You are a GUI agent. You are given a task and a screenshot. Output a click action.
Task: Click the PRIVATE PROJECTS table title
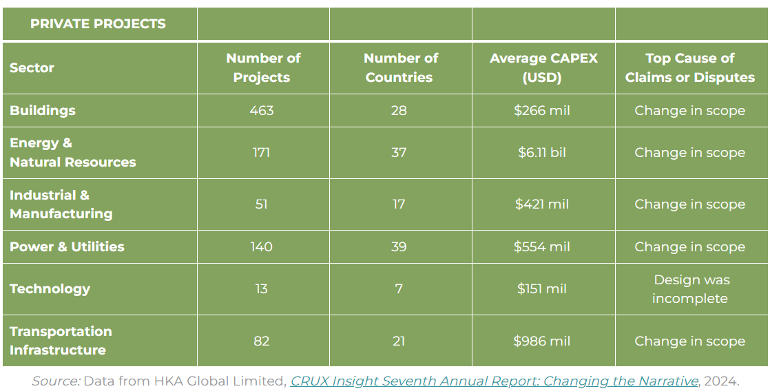(98, 24)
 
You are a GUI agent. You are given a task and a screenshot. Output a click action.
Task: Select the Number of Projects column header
(262, 67)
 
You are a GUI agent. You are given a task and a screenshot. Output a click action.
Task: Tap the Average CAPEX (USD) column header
(543, 67)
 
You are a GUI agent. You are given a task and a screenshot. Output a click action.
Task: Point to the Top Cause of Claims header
(689, 67)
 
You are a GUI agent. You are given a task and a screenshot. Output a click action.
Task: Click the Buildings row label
(43, 111)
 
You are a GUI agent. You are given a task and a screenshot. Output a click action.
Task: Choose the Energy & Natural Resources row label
(72, 153)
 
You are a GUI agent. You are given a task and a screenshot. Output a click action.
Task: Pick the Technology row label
(50, 289)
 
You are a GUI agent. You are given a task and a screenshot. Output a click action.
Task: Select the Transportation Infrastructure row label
(61, 341)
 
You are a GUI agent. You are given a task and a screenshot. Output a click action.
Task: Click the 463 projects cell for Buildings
(262, 111)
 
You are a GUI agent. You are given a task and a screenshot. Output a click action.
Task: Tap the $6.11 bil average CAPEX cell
(542, 153)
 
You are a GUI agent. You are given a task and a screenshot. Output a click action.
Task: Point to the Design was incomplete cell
(691, 289)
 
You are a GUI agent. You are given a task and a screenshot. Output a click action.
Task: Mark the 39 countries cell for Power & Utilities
(399, 247)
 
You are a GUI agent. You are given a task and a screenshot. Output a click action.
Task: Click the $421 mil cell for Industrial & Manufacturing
(542, 204)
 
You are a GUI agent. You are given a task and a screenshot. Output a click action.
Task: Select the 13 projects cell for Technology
(262, 289)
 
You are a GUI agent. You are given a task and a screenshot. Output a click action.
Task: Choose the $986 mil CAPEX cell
(542, 341)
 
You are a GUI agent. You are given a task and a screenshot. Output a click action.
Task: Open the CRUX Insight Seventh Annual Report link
(495, 381)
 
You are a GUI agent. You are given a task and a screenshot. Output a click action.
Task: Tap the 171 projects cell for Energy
(262, 153)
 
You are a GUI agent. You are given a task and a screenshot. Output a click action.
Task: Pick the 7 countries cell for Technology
(399, 289)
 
